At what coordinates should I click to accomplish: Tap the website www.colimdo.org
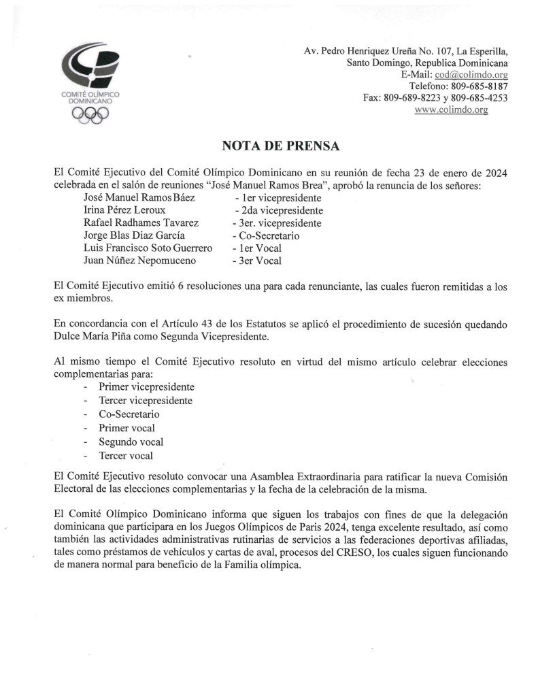(451, 110)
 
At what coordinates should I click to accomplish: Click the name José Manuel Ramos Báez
(139, 197)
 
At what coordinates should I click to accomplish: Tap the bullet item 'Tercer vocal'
(126, 456)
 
